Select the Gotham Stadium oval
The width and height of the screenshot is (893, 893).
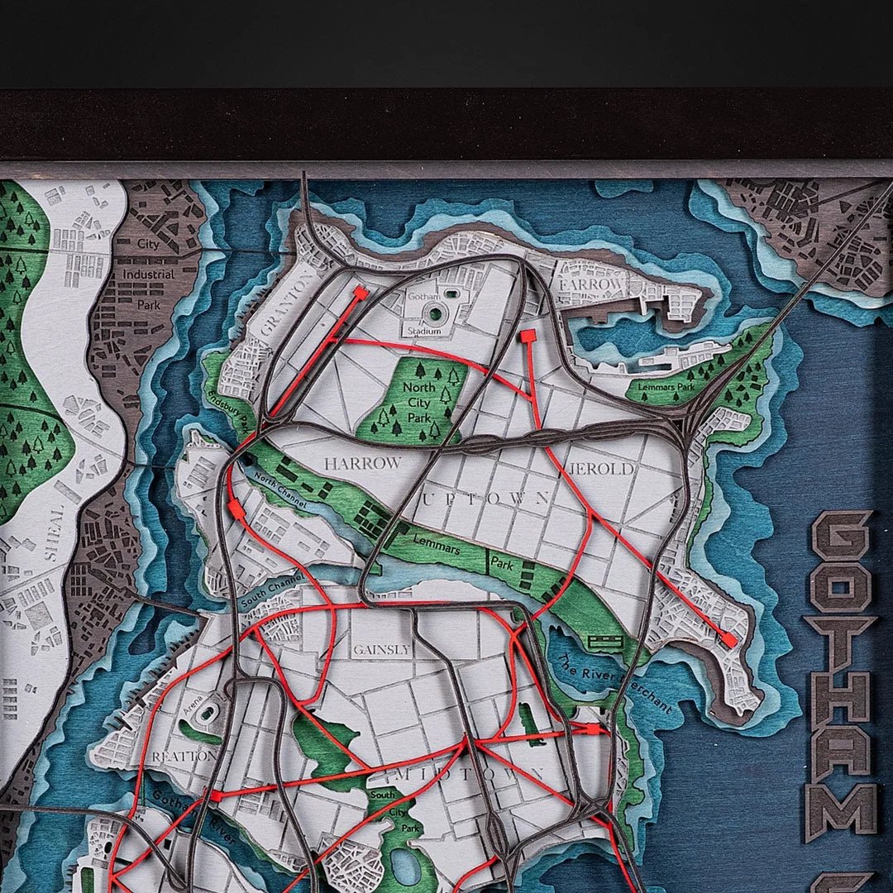coord(434,312)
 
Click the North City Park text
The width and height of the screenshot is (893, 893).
coord(419,399)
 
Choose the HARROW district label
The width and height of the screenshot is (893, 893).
coord(362,464)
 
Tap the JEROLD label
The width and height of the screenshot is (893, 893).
coord(609,469)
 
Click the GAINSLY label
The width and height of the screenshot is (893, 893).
coord(382,650)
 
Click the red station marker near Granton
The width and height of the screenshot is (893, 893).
coord(361,293)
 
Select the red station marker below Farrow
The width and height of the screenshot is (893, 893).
coord(527,336)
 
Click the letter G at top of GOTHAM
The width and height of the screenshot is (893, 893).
coord(840,535)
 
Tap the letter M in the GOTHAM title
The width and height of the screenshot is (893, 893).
coord(840,809)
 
